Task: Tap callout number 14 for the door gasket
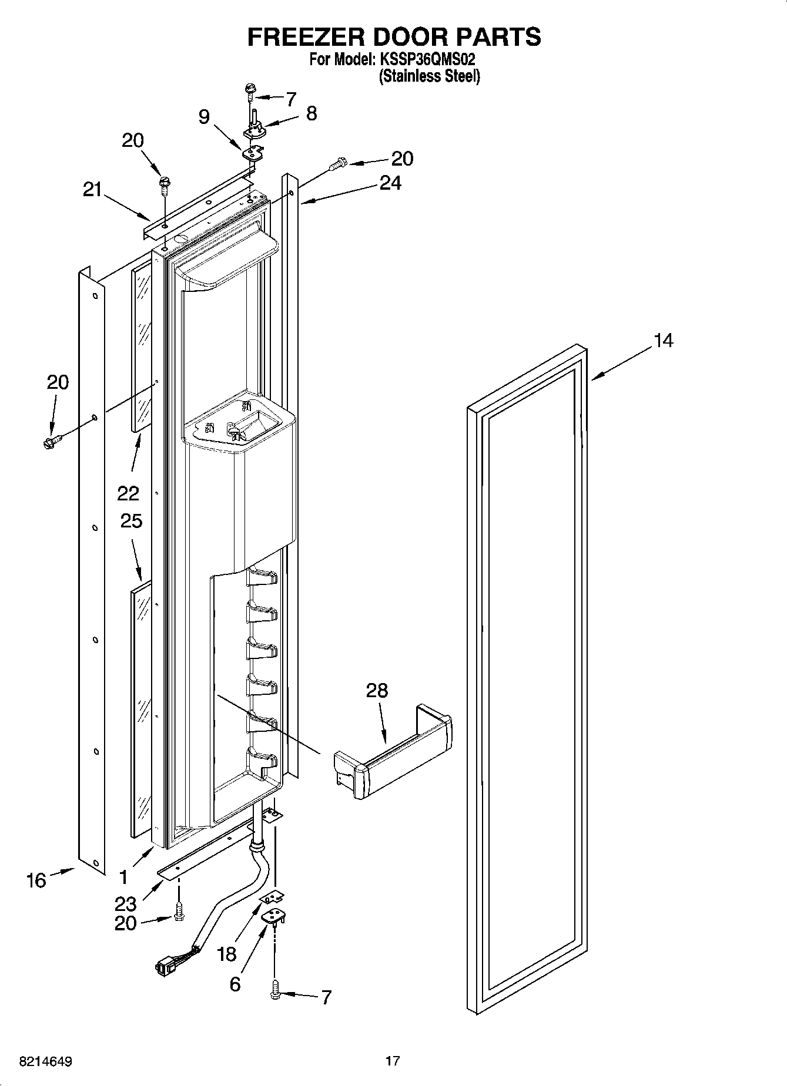click(x=664, y=340)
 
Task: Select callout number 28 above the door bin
click(x=377, y=690)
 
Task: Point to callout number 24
click(x=390, y=183)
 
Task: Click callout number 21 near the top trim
click(x=92, y=190)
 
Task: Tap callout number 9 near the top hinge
click(x=203, y=117)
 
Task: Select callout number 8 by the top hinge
click(x=312, y=113)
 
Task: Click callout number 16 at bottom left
click(x=36, y=880)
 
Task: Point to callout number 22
click(x=128, y=493)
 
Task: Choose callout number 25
click(x=131, y=520)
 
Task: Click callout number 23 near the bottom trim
click(x=126, y=904)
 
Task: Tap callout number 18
click(x=226, y=954)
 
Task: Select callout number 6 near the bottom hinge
click(x=235, y=984)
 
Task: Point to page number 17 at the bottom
click(x=393, y=1061)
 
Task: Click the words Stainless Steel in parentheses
click(x=430, y=76)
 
